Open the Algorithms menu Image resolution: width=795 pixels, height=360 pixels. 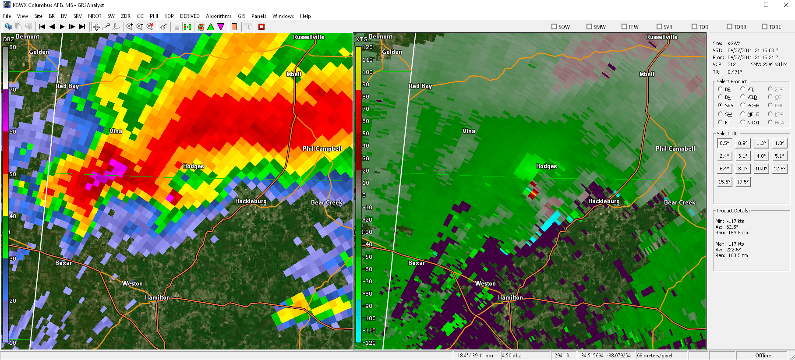[219, 16]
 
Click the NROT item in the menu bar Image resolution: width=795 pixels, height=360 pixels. [95, 16]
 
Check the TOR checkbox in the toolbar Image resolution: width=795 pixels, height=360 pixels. [695, 27]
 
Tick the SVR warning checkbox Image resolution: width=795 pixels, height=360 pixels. [660, 27]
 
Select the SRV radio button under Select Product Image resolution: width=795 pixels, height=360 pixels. [721, 105]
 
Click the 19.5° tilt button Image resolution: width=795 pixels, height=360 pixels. [743, 182]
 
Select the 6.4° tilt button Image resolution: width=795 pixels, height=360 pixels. [724, 169]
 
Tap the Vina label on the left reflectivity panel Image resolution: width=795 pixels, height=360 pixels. [116, 131]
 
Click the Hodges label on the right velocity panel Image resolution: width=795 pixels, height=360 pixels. [546, 166]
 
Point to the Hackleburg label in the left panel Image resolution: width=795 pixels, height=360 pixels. [251, 201]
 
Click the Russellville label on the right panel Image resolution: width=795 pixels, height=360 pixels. [661, 37]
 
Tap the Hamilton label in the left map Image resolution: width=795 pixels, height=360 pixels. [157, 297]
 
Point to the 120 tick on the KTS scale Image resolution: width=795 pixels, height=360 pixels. [367, 47]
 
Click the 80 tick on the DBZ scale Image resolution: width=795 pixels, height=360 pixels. [13, 47]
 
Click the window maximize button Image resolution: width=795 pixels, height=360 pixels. [766, 5]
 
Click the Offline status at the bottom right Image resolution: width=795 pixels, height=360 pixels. [763, 356]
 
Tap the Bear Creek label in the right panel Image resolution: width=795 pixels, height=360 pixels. [679, 202]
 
